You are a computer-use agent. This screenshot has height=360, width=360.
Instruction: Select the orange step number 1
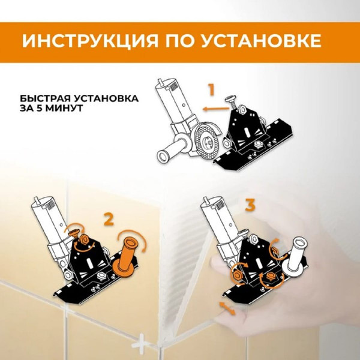point(211,91)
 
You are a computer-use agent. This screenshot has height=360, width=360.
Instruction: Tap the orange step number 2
point(108,220)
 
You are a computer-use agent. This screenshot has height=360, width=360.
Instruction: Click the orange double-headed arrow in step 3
point(227,308)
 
